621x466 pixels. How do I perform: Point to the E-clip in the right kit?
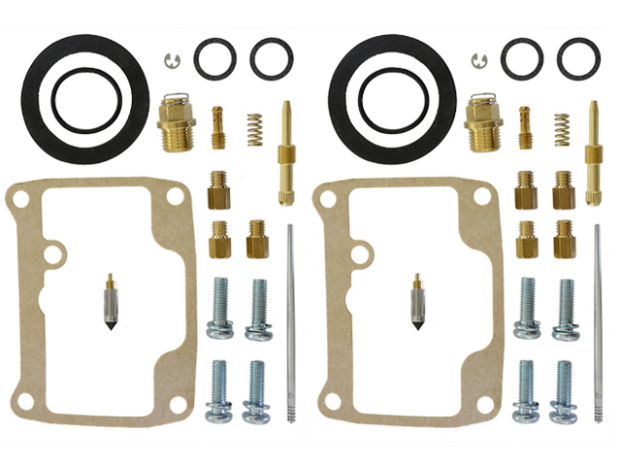click(x=478, y=60)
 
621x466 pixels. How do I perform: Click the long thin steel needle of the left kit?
click(x=290, y=320)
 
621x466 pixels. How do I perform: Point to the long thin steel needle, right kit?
click(x=598, y=320)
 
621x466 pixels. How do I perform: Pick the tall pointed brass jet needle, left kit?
click(x=288, y=150)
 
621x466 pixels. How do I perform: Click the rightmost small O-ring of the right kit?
click(x=579, y=58)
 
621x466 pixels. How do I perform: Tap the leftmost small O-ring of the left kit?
click(x=213, y=58)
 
